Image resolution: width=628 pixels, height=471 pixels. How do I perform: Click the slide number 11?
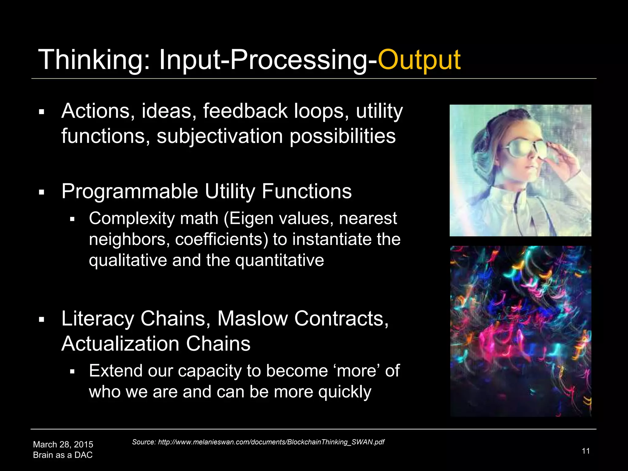[586, 451]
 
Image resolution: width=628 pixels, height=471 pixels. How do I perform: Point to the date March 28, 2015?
[63, 444]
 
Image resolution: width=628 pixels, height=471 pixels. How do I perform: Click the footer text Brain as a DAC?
[63, 455]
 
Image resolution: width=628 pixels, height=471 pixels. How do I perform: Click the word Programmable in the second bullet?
[129, 191]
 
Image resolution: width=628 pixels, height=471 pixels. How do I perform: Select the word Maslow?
[252, 318]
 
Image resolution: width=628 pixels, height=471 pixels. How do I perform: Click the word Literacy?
[98, 318]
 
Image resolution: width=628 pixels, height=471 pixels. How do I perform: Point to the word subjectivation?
[220, 136]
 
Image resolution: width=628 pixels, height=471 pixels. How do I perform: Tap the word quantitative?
[279, 260]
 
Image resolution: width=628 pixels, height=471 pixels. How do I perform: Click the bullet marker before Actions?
[42, 112]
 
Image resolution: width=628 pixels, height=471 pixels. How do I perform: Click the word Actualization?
[120, 343]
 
